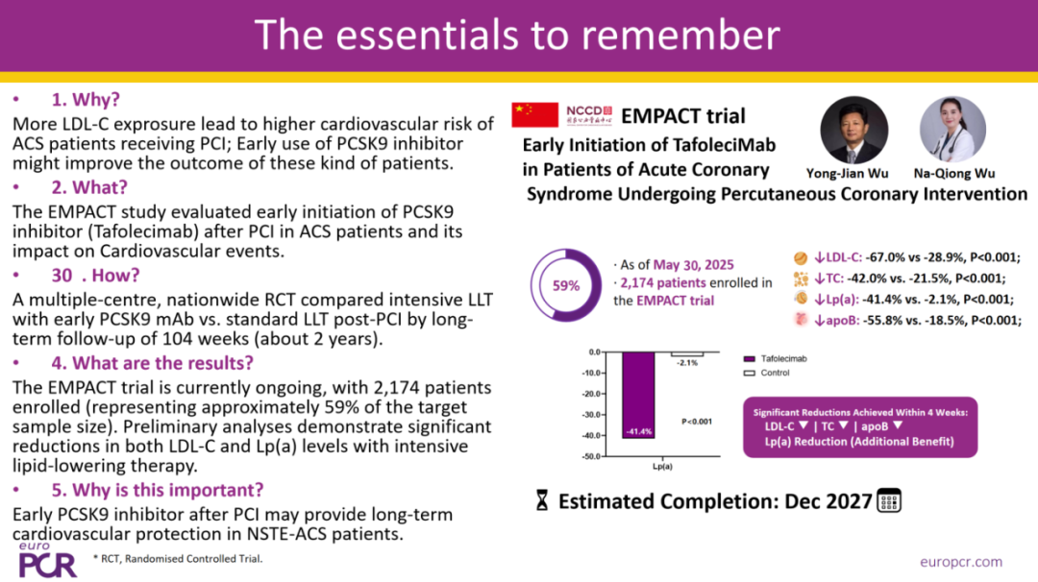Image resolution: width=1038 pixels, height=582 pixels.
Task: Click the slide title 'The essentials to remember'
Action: (x=517, y=35)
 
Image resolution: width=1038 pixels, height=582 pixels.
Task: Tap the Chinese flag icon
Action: (x=534, y=115)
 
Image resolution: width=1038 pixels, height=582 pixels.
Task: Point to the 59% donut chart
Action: (x=566, y=285)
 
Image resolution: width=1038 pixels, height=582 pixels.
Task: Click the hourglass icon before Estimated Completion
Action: (x=542, y=501)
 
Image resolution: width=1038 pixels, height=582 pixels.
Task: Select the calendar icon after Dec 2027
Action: (x=890, y=500)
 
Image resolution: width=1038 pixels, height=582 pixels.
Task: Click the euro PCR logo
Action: (x=47, y=560)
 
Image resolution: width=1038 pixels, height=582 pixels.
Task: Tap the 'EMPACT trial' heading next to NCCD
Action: (x=682, y=116)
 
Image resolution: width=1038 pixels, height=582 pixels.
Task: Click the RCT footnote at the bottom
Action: (x=178, y=559)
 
